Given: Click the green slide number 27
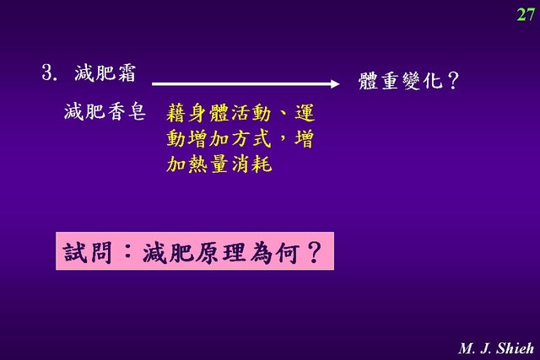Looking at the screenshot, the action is (x=526, y=14).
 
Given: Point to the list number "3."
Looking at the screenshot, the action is (x=50, y=73).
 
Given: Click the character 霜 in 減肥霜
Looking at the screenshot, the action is (x=126, y=73).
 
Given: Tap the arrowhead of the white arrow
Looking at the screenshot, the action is (x=335, y=83).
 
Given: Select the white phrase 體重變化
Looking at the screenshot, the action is (x=400, y=81).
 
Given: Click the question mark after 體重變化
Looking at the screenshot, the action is (x=453, y=81).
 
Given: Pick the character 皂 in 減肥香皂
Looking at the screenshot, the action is (x=137, y=111).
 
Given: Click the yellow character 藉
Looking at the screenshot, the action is (x=176, y=113).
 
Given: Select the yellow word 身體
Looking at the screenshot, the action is (x=208, y=113).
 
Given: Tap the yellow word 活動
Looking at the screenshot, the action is (x=251, y=113).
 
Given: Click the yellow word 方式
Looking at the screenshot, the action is (x=251, y=139).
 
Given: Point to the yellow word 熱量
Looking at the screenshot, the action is (x=208, y=164).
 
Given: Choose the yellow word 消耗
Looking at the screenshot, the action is (x=251, y=164).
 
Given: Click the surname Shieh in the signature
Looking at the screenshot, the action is (x=515, y=349).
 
